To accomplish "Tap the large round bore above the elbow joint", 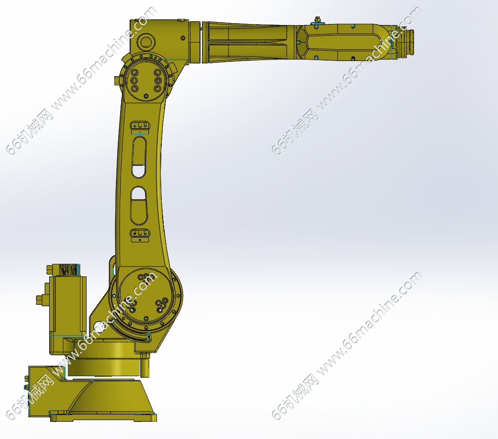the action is [x=146, y=42].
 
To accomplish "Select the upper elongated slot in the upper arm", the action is [x=139, y=157].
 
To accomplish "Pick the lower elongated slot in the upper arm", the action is [x=139, y=206].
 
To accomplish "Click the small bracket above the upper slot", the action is [x=140, y=125].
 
